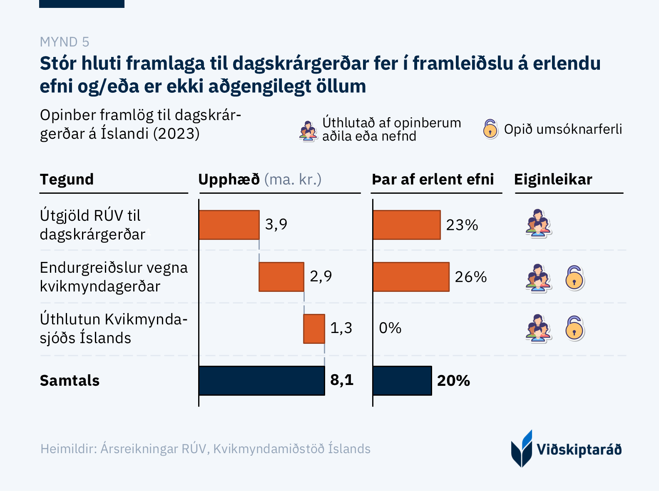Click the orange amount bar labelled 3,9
point(229,225)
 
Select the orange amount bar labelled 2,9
point(281,277)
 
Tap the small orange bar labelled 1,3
point(314,329)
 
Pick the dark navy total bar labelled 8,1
point(261,380)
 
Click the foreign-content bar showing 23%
point(407,225)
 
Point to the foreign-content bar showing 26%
point(411,277)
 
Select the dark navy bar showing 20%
point(402,380)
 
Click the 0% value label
point(390,328)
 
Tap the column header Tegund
point(67,180)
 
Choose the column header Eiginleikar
point(553,180)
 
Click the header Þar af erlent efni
point(433,180)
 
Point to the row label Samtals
point(70,381)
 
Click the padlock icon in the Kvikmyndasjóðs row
point(574,328)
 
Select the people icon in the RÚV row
point(538,223)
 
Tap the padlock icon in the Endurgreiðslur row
point(574,278)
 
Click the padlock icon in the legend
point(490,129)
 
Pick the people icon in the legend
point(308,131)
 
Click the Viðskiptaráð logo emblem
point(522,449)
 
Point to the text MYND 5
point(65,42)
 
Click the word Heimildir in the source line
point(68,449)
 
